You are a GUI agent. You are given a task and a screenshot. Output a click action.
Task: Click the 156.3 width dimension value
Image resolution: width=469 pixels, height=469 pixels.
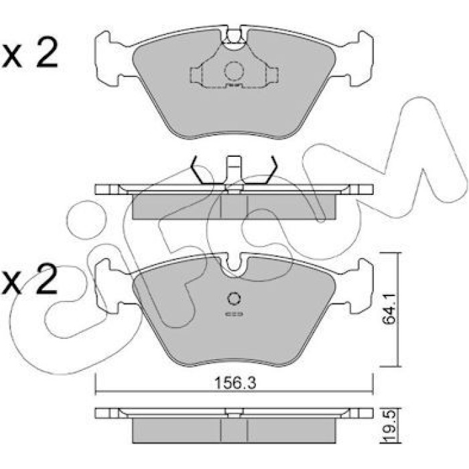point(235,383)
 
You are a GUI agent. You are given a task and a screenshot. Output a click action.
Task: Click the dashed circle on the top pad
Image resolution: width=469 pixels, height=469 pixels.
point(234,71)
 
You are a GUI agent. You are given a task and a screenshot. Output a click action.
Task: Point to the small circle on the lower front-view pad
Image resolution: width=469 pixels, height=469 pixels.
point(234,299)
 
